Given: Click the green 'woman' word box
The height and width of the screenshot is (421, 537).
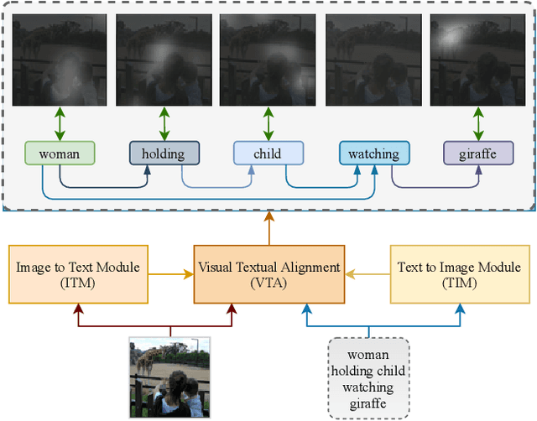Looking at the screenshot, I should pos(60,153).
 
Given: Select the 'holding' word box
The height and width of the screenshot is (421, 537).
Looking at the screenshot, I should pos(164,153).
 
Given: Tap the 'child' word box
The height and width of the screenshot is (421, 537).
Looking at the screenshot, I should pos(268,153).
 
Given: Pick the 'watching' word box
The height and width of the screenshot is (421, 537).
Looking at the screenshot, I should pos(373,153).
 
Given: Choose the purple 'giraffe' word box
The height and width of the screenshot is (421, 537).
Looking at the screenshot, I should pos(477,153).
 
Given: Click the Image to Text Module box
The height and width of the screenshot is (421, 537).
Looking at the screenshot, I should pos(78,274).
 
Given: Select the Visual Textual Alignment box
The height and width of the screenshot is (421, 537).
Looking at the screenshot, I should pos(268,274).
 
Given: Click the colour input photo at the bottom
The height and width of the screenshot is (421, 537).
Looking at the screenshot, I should pos(169,377).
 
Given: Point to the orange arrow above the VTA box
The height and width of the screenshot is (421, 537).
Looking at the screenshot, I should pos(268,228).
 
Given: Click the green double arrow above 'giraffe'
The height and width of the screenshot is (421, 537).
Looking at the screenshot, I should pos(478,123).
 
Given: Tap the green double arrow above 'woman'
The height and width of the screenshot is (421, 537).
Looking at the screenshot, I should pos(60,123).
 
